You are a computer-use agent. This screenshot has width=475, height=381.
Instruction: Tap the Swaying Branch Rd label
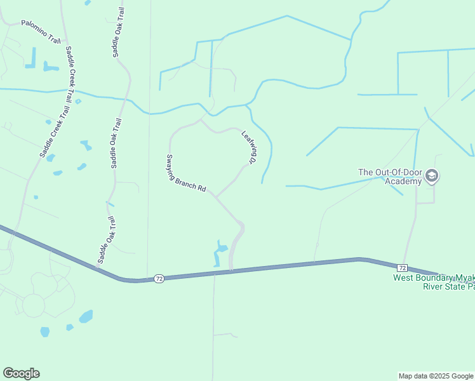click(187, 173)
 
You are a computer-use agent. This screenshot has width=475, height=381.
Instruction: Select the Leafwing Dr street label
click(249, 148)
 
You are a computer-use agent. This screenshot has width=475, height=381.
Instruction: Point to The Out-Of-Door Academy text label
click(390, 177)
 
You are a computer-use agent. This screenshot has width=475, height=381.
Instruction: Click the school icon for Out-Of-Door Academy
click(432, 175)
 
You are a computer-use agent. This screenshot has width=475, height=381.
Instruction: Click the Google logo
click(21, 373)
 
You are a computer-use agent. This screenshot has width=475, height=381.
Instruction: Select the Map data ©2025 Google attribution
click(436, 376)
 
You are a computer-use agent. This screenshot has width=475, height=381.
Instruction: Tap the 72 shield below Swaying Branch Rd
click(159, 279)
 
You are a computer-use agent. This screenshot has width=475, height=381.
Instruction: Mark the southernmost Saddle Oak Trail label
click(107, 239)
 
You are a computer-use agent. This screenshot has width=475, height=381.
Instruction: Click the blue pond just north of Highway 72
click(218, 253)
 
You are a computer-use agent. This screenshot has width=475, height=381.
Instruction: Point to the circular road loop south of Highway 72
click(33, 305)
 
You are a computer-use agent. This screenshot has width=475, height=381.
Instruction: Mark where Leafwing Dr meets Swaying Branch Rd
click(216, 197)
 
